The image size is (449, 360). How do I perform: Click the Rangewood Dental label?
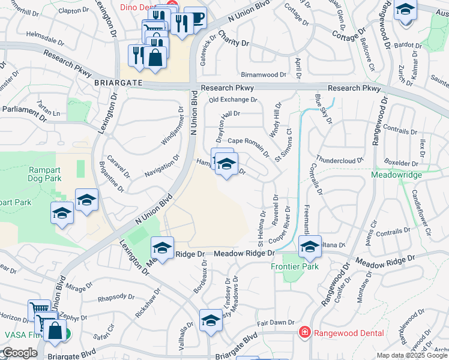342,332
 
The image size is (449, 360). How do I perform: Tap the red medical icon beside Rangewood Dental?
305,332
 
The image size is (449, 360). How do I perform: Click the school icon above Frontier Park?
310,247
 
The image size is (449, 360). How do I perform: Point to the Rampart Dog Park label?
46,174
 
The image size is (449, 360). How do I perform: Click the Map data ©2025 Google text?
412,355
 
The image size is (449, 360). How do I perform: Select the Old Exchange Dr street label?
232,100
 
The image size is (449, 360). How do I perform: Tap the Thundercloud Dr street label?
340,160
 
